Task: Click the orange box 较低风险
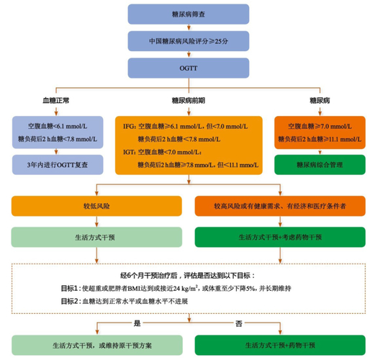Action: pyautogui.click(x=95, y=207)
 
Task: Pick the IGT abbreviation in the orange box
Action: pyautogui.click(x=130, y=153)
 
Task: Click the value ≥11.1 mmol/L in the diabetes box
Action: pyautogui.click(x=335, y=139)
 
